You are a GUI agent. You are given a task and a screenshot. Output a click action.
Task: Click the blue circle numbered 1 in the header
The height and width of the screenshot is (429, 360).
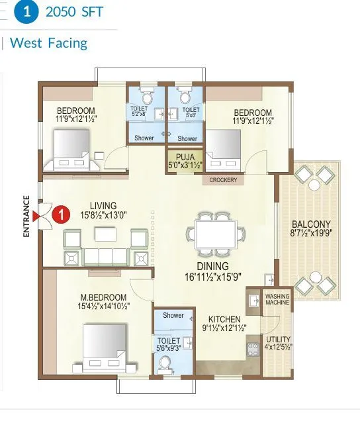[x=27, y=12]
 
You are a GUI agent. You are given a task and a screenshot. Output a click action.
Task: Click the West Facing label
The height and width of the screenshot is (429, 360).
[x=49, y=44]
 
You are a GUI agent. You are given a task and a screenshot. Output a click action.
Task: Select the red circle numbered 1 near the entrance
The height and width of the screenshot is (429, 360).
[x=61, y=215]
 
